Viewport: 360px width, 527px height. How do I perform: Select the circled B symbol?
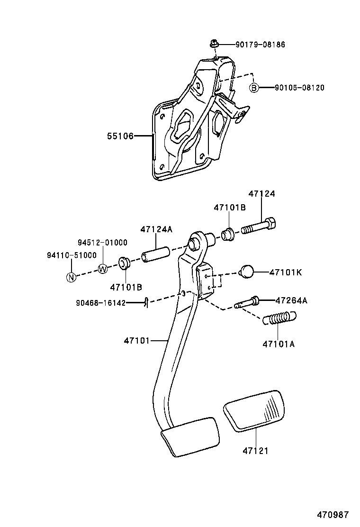click(x=254, y=88)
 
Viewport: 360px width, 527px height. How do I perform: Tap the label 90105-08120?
click(x=299, y=88)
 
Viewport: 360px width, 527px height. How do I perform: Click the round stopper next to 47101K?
click(x=247, y=272)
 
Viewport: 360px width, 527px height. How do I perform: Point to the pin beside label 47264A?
click(x=247, y=302)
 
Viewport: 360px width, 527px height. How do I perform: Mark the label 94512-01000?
click(x=103, y=243)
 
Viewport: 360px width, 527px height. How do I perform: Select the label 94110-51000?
click(x=71, y=255)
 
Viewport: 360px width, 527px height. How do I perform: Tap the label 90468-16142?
click(x=100, y=303)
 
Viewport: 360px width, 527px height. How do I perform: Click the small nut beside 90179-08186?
click(x=214, y=45)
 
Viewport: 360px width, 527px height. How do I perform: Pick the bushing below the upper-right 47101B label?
click(x=228, y=235)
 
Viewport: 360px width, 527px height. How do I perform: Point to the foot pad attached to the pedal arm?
click(x=191, y=436)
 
